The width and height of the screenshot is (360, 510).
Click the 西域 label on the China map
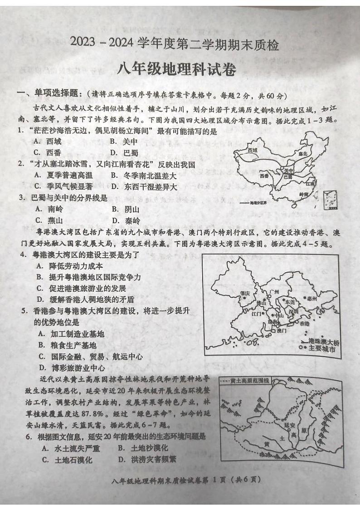point(253,150)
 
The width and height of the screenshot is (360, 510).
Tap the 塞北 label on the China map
point(302,153)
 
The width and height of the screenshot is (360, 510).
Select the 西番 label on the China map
point(265,175)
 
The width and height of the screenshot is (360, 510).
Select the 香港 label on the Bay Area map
point(304,324)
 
